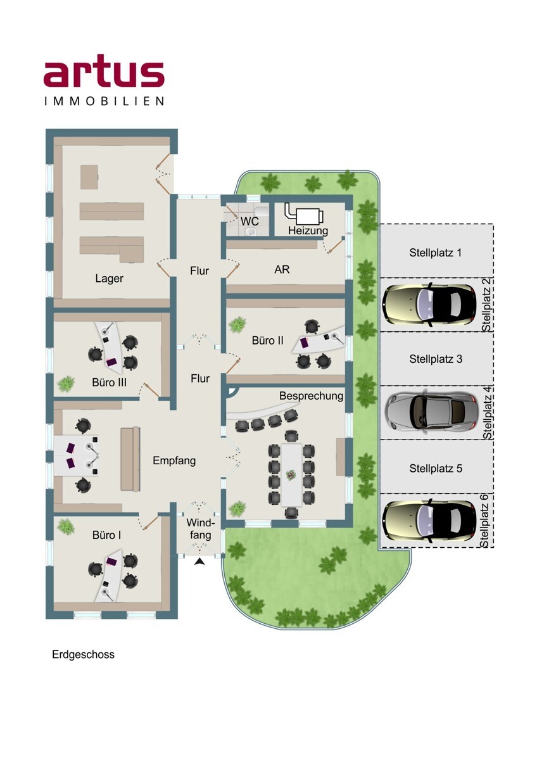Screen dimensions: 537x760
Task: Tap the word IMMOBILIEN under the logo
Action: (x=104, y=101)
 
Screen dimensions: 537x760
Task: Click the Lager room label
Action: (x=109, y=279)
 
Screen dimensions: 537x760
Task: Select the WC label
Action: (x=250, y=221)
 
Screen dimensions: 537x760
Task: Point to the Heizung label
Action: (x=308, y=231)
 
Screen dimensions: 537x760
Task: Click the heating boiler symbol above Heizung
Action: (x=304, y=213)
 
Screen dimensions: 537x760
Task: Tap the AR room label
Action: (x=282, y=269)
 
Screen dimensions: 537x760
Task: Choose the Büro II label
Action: (x=268, y=340)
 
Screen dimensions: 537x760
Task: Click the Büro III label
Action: (x=109, y=383)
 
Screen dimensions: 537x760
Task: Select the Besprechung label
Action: (x=311, y=396)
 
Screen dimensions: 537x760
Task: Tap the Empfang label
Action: (x=174, y=461)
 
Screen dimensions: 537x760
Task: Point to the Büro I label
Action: (x=106, y=535)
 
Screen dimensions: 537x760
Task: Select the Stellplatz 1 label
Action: (x=435, y=253)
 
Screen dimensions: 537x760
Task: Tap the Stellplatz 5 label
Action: (x=436, y=469)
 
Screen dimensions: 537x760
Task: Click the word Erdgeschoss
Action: (x=83, y=654)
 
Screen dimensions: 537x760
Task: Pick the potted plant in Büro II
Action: (x=237, y=325)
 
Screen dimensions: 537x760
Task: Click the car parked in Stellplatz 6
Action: (x=429, y=520)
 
